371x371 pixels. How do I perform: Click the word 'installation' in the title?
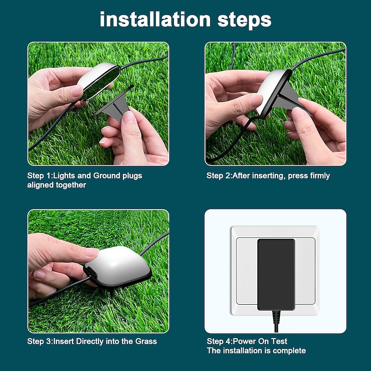pos(155,19)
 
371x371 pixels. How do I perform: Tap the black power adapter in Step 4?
pos(276,275)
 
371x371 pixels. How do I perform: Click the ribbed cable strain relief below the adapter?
pos(276,317)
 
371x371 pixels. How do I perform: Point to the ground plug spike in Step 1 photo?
pos(114,105)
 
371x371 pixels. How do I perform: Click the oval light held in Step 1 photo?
pos(99,80)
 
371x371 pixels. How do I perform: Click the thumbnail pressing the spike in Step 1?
pos(129,117)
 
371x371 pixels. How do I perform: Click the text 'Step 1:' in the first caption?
pos(40,176)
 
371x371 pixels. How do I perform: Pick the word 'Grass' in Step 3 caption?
pos(146,341)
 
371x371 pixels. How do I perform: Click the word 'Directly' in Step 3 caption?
pos(90,342)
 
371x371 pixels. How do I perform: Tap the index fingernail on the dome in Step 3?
pos(92,252)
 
